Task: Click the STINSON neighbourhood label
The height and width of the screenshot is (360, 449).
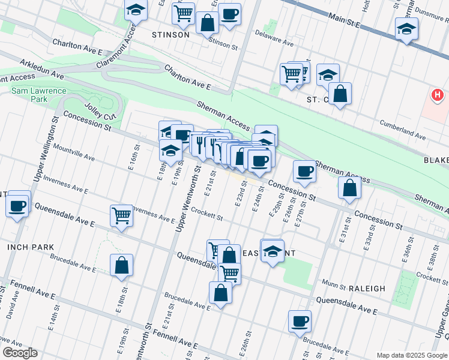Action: click(x=170, y=35)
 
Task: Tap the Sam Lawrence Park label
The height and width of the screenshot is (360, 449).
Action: click(x=30, y=95)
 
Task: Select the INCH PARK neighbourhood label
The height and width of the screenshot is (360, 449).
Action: click(x=31, y=247)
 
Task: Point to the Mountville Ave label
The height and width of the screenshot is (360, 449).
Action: click(x=74, y=152)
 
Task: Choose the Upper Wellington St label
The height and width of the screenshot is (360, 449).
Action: click(x=45, y=150)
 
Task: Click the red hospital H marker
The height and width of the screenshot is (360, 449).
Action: click(x=438, y=95)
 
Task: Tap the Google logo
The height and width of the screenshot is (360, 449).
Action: click(x=20, y=353)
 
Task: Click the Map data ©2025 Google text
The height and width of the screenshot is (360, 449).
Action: click(x=411, y=355)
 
